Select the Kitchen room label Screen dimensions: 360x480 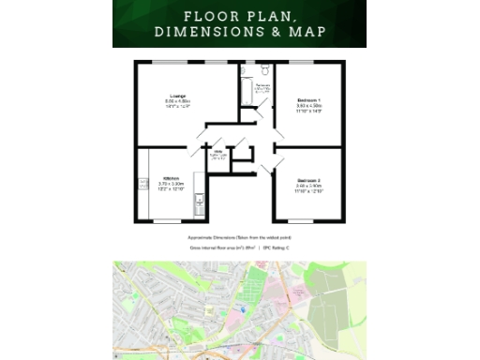pos(172,178)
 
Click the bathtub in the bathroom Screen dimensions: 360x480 pos(247,92)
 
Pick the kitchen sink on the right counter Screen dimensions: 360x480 pos(200,201)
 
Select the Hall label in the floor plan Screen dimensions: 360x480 pos(217,152)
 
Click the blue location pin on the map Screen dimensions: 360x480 pos(244,308)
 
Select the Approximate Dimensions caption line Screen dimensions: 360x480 pos(239,238)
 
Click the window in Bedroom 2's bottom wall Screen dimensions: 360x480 pos(307,221)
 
